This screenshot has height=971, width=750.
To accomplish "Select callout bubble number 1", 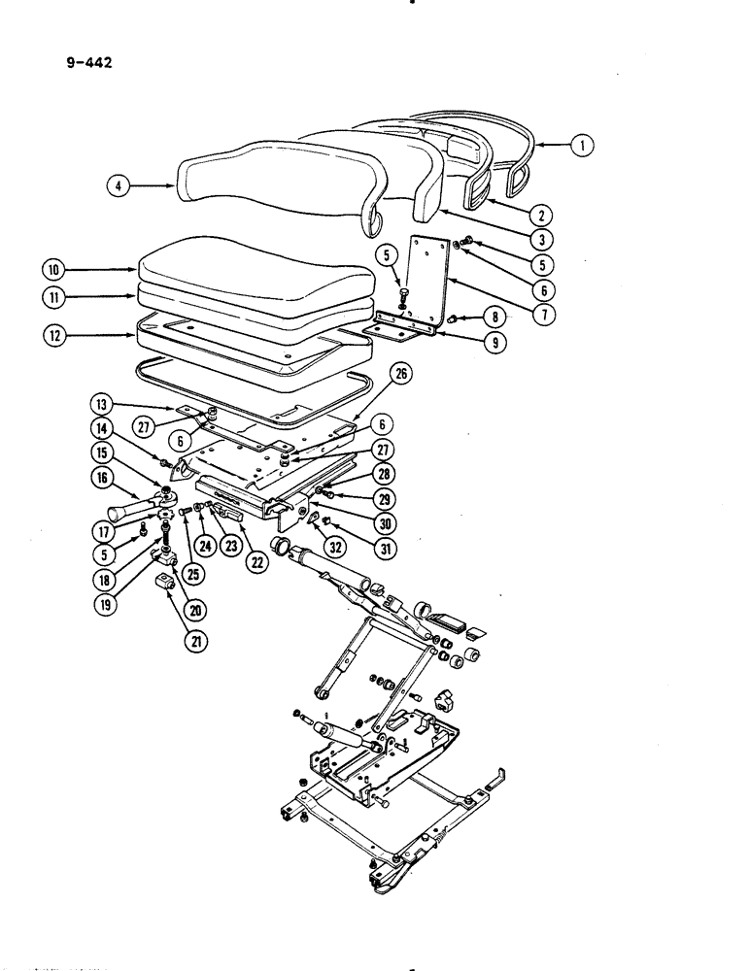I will click(x=582, y=147).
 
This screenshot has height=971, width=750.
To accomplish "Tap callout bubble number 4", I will click(x=117, y=184).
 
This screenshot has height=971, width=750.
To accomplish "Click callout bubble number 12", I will click(x=54, y=337).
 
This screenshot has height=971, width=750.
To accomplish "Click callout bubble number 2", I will click(x=544, y=214).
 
